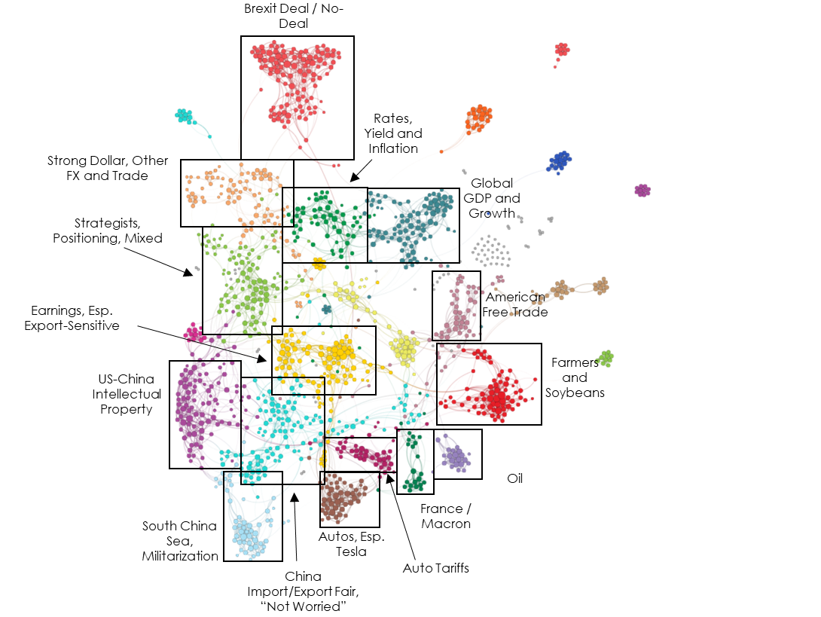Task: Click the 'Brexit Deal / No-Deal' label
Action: point(294,17)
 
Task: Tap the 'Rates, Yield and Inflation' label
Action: point(393,133)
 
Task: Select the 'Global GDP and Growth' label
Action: point(492,198)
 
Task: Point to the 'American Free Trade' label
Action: point(514,304)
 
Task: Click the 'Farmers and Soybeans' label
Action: point(575,377)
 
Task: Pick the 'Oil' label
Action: point(514,478)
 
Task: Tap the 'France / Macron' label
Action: point(446,516)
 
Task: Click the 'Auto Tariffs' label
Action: point(435,568)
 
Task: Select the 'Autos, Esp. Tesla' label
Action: point(351,544)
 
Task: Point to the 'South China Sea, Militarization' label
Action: point(179,540)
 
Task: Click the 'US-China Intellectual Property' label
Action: point(127,394)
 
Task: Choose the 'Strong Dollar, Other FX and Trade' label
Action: point(108,167)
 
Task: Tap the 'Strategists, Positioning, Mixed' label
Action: point(108,231)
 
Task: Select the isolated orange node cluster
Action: point(478,120)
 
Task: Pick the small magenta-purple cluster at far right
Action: point(642,190)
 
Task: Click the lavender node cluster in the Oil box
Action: point(456,457)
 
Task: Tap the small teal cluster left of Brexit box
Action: point(184,116)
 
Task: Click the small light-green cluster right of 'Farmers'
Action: point(606,359)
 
